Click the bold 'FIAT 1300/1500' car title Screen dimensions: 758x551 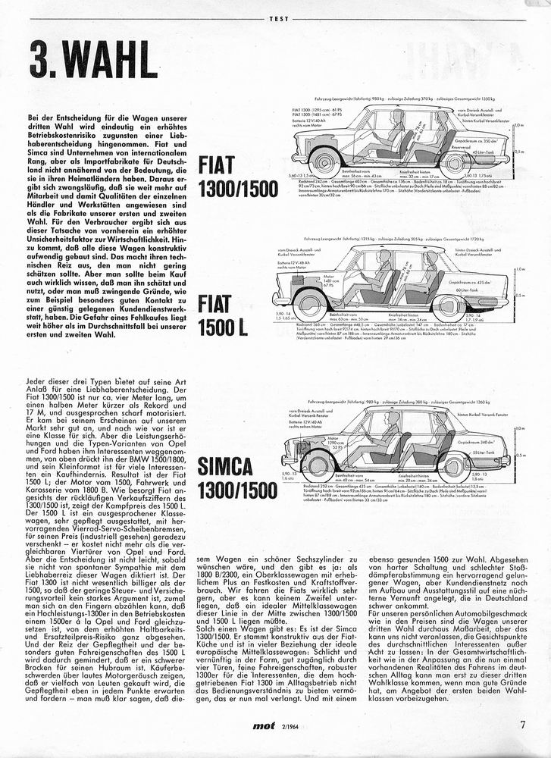(238, 177)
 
